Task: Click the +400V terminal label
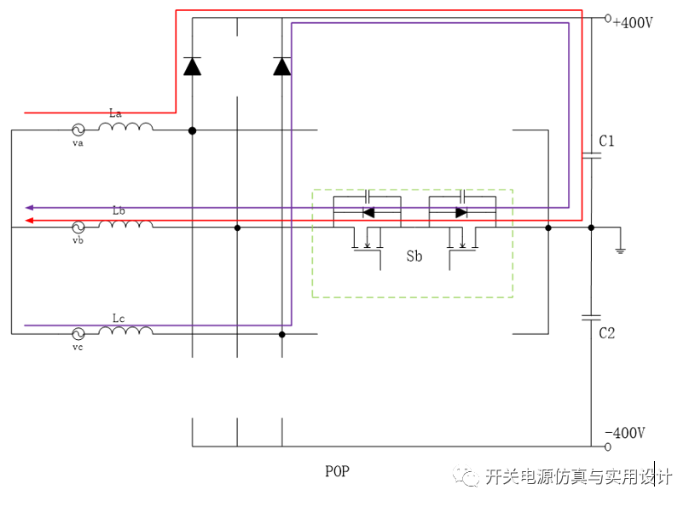(633, 23)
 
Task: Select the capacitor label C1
(606, 141)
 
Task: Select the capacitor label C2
(606, 333)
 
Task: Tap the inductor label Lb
(119, 210)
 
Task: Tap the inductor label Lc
(119, 319)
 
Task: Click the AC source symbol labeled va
(78, 130)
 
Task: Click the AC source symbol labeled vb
(78, 228)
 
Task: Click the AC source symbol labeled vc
(78, 334)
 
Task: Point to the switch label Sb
(414, 256)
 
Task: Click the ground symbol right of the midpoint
(621, 247)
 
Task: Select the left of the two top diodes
(192, 66)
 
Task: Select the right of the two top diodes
(282, 66)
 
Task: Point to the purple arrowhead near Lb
(29, 207)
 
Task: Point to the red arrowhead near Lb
(29, 221)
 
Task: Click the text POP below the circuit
(338, 471)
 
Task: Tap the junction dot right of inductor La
(192, 130)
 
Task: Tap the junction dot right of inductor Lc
(282, 334)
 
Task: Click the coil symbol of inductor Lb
(125, 225)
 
